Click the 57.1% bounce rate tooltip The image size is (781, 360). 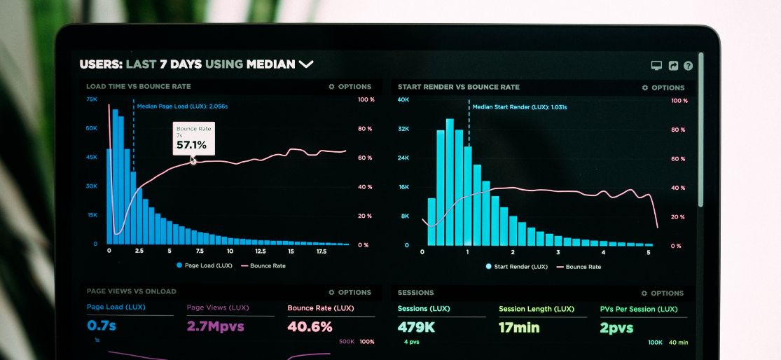click(x=193, y=139)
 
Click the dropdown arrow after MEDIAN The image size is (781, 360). click(x=306, y=64)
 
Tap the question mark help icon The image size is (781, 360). click(x=688, y=66)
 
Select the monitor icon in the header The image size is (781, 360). click(x=656, y=66)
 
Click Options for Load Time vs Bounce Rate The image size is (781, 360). click(x=350, y=87)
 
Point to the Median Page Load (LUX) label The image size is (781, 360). click(x=182, y=106)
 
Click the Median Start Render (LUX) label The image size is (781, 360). click(x=519, y=107)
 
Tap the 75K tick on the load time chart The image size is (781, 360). click(x=92, y=99)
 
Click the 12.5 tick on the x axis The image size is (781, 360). click(x=260, y=251)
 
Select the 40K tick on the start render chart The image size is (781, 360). click(x=403, y=100)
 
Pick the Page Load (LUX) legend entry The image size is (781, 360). click(x=204, y=265)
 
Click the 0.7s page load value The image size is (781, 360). click(x=102, y=326)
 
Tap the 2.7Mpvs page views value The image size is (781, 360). click(x=215, y=326)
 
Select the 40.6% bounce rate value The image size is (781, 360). click(x=310, y=327)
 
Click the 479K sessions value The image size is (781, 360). click(x=416, y=327)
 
